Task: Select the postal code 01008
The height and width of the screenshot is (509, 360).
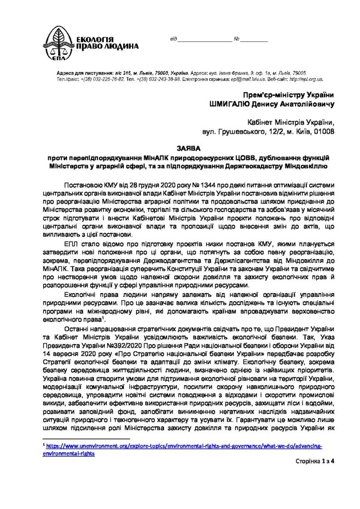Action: click(323, 132)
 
